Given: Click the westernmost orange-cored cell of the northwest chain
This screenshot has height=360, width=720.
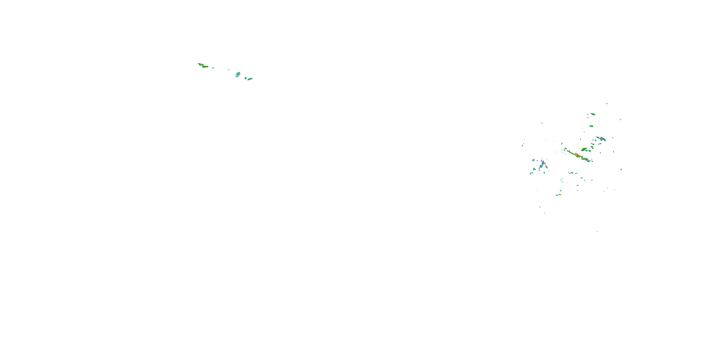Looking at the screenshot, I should (200, 64).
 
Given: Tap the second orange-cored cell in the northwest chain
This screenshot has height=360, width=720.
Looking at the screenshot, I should (205, 66).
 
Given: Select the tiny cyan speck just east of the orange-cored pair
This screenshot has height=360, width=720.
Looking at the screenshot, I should (213, 68).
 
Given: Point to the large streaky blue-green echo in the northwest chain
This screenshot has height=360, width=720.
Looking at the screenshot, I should (238, 74).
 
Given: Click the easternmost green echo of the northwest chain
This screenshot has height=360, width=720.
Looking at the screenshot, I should (250, 79).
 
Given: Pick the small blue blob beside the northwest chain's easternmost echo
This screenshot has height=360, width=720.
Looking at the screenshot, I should (246, 78).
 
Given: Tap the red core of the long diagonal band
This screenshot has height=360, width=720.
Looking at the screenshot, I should (576, 154).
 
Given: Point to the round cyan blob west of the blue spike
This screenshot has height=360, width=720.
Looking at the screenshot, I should (533, 160).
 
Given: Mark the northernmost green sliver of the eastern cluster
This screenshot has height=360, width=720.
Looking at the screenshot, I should (607, 103).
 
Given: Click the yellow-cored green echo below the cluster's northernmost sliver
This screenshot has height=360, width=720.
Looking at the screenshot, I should (593, 114).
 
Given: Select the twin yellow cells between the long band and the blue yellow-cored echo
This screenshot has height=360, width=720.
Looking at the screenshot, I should (592, 146).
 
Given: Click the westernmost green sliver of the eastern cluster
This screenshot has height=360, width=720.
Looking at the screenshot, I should (522, 145).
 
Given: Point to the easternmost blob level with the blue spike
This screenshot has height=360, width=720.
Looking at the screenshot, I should (621, 169).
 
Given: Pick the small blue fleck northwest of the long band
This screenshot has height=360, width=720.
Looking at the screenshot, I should (562, 144).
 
